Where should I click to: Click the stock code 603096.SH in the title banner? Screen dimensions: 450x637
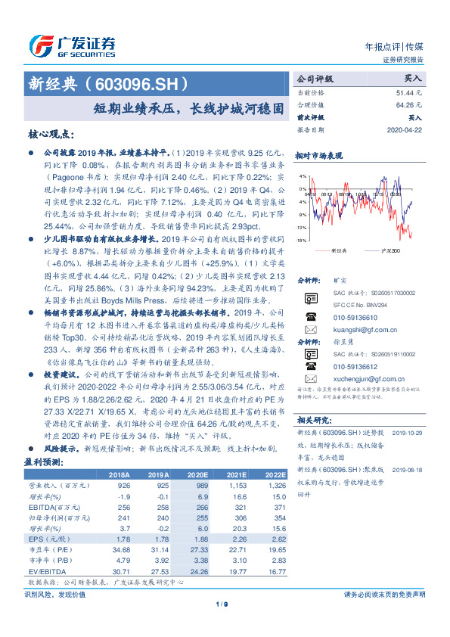click(x=142, y=84)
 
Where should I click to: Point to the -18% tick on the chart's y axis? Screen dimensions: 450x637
click(x=302, y=240)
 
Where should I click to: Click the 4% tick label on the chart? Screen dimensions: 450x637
click(x=303, y=176)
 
